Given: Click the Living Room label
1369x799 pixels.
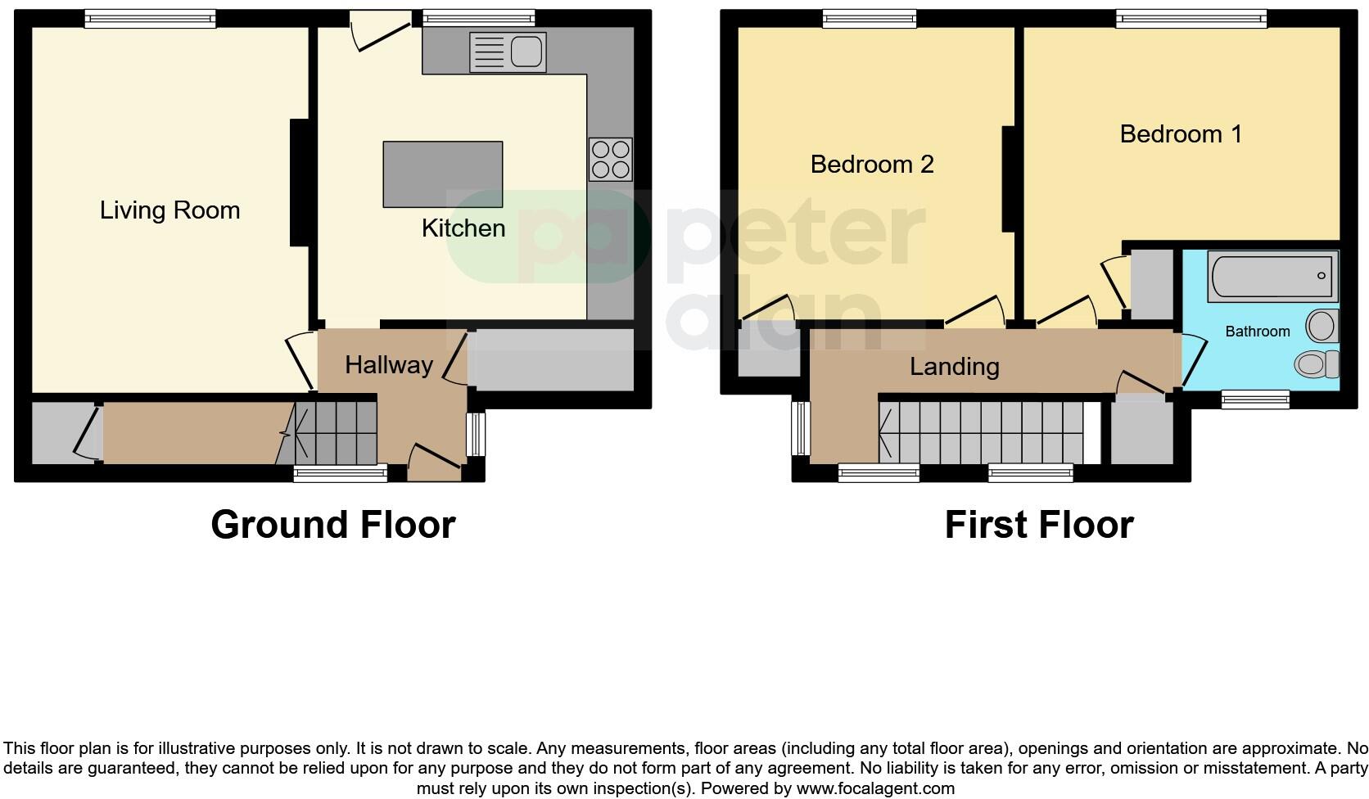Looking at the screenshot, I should pyautogui.click(x=169, y=210).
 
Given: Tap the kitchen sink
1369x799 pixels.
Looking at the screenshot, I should pyautogui.click(x=508, y=52).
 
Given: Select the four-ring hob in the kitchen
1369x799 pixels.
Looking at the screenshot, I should pyautogui.click(x=610, y=159).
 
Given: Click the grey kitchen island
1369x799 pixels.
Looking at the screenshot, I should pyautogui.click(x=442, y=174).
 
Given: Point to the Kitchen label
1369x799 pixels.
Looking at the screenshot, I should pyautogui.click(x=463, y=228).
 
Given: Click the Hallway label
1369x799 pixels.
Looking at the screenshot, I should pyautogui.click(x=388, y=365).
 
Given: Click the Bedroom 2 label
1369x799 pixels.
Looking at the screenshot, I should pyautogui.click(x=871, y=165).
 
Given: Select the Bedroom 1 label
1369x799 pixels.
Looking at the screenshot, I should pyautogui.click(x=1180, y=134).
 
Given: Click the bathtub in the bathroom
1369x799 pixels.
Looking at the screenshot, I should pyautogui.click(x=1272, y=277).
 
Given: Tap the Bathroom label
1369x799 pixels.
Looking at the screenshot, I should pyautogui.click(x=1257, y=332).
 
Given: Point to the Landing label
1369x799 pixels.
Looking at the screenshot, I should pyautogui.click(x=954, y=366).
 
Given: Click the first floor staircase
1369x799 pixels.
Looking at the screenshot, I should pyautogui.click(x=983, y=431).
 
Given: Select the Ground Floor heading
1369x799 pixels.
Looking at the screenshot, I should pyautogui.click(x=332, y=525).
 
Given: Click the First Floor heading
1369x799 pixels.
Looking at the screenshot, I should pyautogui.click(x=1038, y=525).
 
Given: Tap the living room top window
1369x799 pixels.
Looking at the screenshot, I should pyautogui.click(x=150, y=18).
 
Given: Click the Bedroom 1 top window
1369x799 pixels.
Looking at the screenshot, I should pyautogui.click(x=1191, y=18).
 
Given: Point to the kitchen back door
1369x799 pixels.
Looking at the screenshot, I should pyautogui.click(x=379, y=33).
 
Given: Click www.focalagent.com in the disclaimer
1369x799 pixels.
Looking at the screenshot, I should pyautogui.click(x=875, y=789).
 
